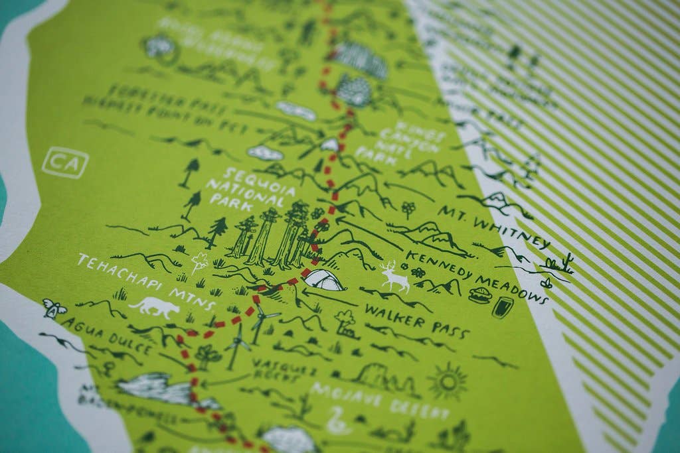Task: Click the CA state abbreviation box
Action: coord(65,162)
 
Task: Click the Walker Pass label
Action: coord(416,321)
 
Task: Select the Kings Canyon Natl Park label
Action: coord(397,141)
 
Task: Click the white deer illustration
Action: coord(395,277)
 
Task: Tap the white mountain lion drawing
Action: coord(155,306)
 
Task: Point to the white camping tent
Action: coord(324,280)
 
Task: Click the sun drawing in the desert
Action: coord(448,381)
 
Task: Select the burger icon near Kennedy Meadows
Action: coord(479,295)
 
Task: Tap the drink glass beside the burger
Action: coord(502,307)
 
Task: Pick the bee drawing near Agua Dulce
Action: coord(53,308)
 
